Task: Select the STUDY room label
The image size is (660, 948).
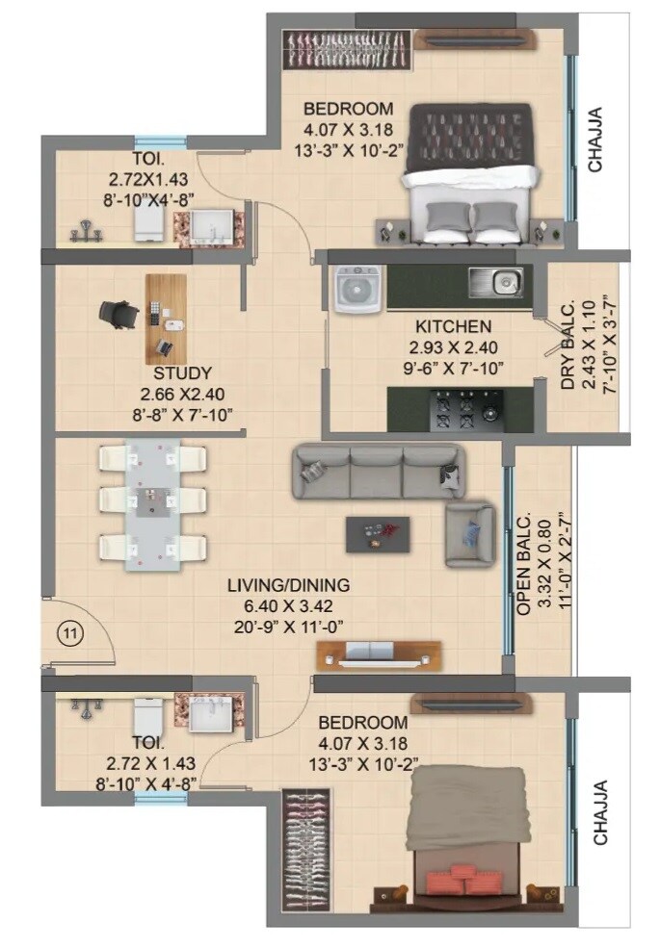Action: click(x=182, y=372)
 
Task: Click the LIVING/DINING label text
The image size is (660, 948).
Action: click(x=288, y=585)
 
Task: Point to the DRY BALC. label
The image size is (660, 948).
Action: click(x=568, y=346)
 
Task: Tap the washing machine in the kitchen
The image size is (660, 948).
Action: click(x=359, y=287)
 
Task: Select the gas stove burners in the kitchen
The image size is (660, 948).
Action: click(x=462, y=411)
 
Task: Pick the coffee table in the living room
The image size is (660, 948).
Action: click(x=378, y=533)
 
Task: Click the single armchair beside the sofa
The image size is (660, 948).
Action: click(x=469, y=533)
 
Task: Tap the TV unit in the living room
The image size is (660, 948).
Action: click(x=379, y=655)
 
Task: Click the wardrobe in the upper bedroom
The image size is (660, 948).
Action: click(x=350, y=49)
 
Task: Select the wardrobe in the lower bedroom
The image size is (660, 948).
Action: click(x=308, y=849)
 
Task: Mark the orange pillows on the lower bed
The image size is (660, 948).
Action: click(x=465, y=880)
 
